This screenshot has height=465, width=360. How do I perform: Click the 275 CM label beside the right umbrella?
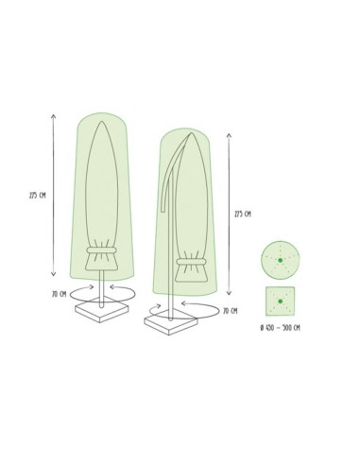242,215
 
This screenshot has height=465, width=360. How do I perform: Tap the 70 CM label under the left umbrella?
60,294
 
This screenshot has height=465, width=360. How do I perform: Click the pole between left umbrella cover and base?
100,288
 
